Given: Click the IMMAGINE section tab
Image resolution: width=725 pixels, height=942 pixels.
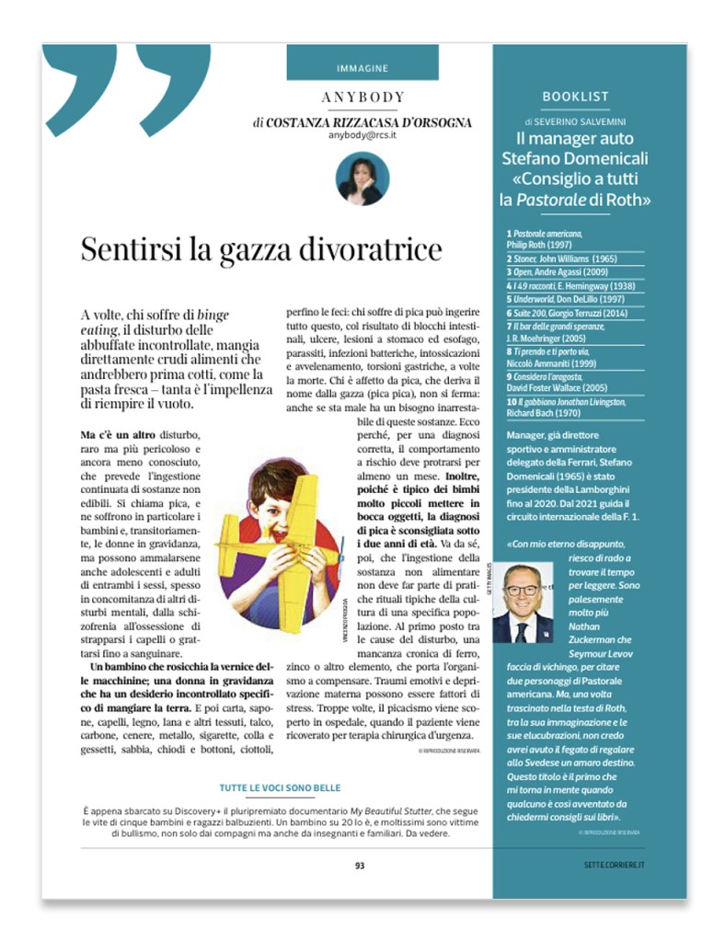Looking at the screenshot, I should pyautogui.click(x=362, y=68).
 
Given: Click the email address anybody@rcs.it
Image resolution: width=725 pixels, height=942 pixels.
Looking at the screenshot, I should pyautogui.click(x=363, y=135).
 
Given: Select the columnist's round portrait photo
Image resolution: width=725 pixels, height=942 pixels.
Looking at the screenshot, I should pyautogui.click(x=362, y=178).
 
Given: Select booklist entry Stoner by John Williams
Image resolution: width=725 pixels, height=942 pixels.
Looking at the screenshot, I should pyautogui.click(x=560, y=260).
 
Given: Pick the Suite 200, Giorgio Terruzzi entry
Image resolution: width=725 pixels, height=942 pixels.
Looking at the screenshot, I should pyautogui.click(x=561, y=312).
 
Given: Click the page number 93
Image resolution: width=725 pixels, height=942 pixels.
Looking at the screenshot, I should pyautogui.click(x=361, y=865).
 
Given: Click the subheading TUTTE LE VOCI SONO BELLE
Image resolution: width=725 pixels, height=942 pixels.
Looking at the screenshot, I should pyautogui.click(x=281, y=788).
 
